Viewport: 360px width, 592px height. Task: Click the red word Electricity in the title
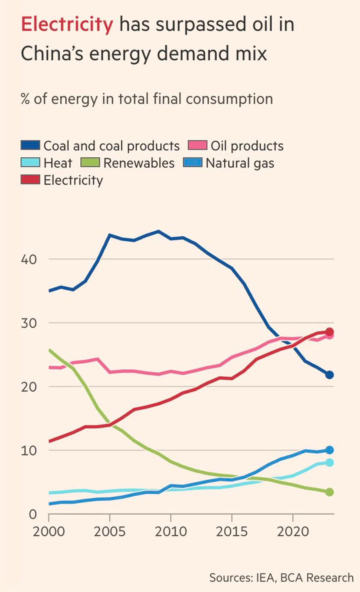(67, 25)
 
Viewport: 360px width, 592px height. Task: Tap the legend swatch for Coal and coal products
(30, 145)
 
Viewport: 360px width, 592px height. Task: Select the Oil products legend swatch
(197, 145)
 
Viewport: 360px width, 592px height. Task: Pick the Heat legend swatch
(30, 163)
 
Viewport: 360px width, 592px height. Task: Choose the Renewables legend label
(139, 163)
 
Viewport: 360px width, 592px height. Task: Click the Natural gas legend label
(240, 163)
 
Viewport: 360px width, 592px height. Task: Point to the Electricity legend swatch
(30, 180)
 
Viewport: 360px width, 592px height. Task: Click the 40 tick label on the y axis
(29, 260)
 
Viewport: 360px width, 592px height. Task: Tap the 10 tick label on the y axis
(29, 451)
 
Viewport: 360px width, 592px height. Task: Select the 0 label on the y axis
(32, 514)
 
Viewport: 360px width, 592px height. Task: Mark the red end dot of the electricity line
(329, 332)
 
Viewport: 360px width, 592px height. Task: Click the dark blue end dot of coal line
(329, 375)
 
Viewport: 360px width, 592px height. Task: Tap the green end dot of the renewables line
(329, 492)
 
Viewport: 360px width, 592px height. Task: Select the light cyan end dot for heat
(329, 463)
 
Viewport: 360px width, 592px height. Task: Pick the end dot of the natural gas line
(329, 450)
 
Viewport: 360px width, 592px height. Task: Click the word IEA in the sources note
(265, 578)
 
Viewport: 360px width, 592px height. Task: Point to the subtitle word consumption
(229, 99)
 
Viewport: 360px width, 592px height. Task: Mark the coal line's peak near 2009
(159, 231)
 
